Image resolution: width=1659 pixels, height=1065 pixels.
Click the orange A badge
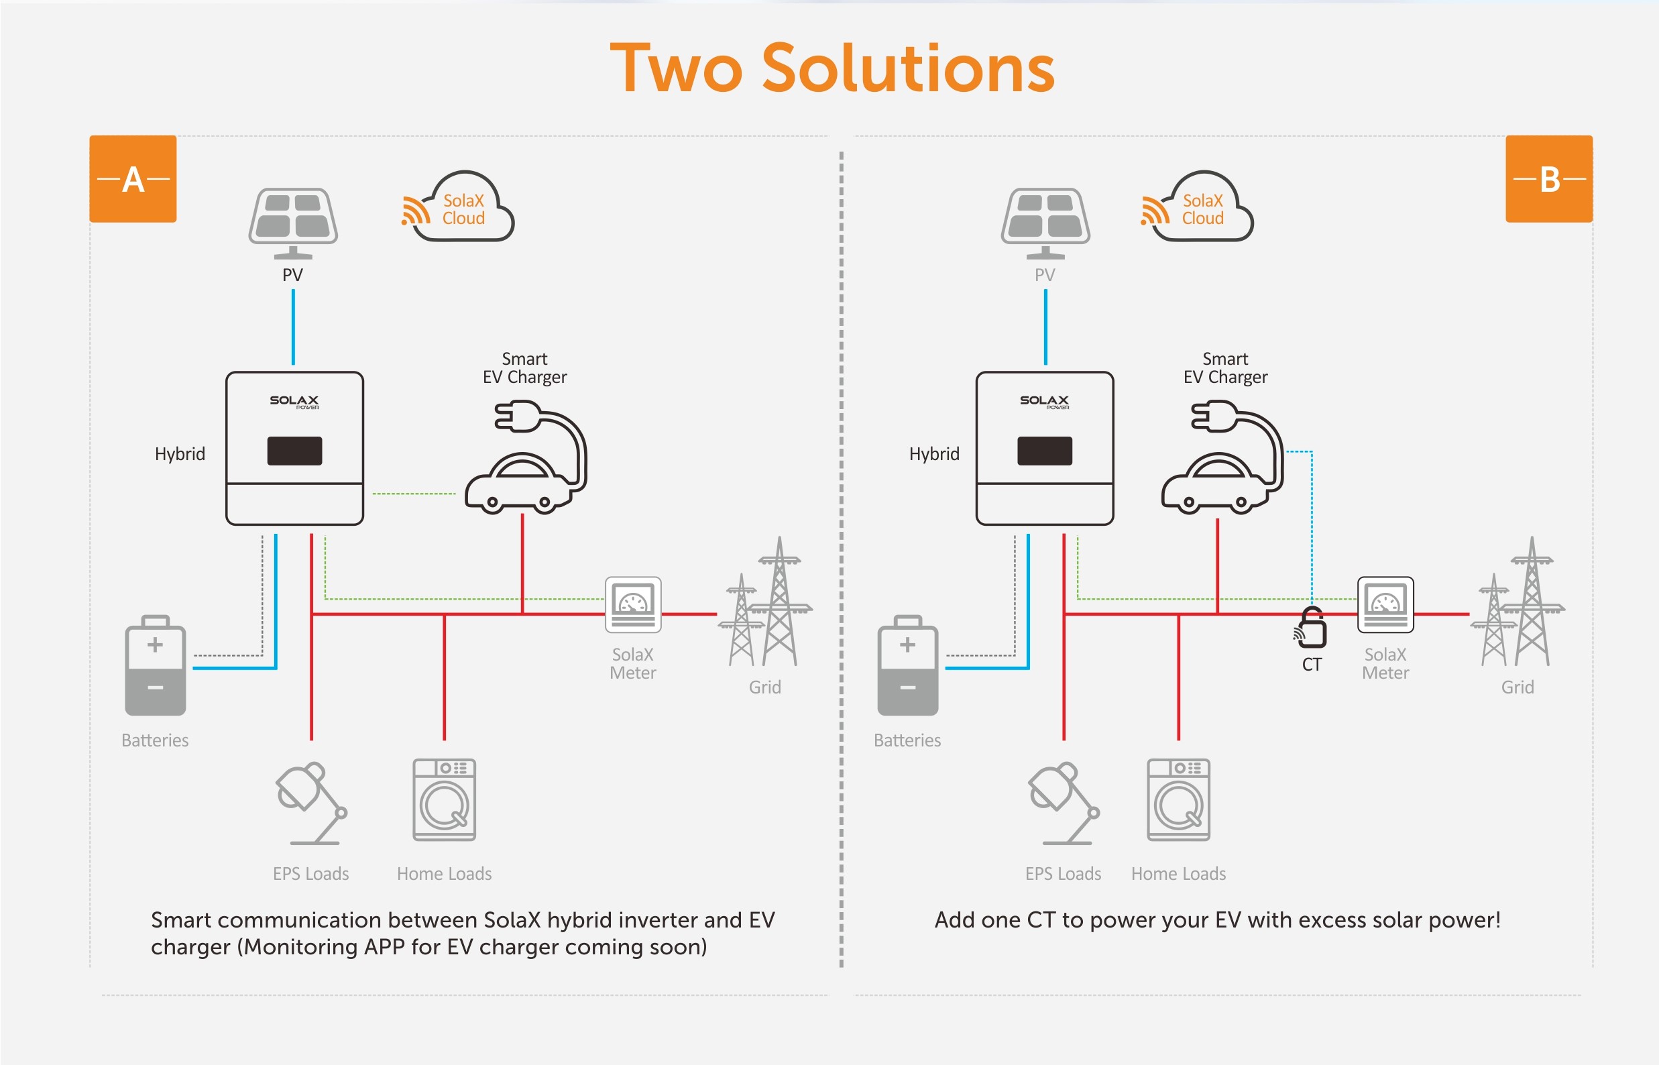pos(133,178)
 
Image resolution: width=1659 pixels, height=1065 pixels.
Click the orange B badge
pos(1549,178)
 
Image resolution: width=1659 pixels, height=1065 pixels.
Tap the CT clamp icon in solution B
pos(1311,628)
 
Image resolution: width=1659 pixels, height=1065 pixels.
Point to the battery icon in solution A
pos(155,666)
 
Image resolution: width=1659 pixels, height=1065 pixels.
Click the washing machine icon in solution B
pos(1178,799)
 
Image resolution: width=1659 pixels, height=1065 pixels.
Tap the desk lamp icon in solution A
pos(310,803)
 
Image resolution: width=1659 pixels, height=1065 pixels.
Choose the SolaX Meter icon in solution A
pos(633,604)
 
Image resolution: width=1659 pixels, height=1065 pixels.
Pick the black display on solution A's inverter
pos(294,451)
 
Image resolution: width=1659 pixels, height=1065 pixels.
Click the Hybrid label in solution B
pos(933,453)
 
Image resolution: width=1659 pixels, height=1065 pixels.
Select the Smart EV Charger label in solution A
pos(524,368)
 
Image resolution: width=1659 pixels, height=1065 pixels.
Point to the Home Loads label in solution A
pos(444,873)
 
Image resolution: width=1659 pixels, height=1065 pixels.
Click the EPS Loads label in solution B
pos(1063,873)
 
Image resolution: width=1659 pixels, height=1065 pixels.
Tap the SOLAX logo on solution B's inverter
pos(1044,401)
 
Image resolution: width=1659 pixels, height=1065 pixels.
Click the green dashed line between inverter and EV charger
pos(414,493)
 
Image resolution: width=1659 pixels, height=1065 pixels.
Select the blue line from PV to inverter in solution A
pos(293,327)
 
